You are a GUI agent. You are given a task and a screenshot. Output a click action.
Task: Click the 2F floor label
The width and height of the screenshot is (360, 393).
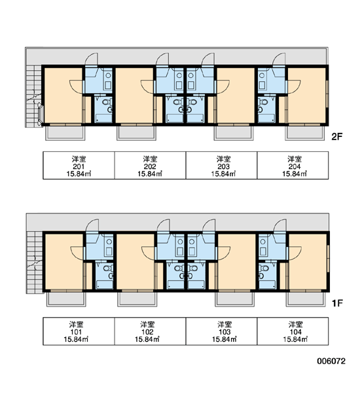336,137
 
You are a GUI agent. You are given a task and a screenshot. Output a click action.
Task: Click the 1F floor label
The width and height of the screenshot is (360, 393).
337,303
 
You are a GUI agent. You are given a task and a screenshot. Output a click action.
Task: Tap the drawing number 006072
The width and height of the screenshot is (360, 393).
331,361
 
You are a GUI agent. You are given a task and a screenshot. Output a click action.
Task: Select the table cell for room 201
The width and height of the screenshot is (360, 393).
79,166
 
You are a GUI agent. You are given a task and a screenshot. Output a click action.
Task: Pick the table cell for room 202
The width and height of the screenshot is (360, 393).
150,166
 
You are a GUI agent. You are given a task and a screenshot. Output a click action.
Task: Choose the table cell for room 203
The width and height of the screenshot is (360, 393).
221,166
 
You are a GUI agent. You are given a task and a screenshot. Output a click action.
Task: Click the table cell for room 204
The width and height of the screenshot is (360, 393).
293,166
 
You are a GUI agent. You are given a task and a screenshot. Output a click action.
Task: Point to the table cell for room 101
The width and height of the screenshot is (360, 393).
79,331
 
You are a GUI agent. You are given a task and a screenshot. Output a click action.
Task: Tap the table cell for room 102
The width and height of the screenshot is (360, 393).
150,331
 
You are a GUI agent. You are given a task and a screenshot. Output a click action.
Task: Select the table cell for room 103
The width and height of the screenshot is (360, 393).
221,331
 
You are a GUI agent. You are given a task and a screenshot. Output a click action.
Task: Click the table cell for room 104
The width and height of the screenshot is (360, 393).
293,331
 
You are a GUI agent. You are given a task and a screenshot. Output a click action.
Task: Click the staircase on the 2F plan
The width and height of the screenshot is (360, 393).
34,96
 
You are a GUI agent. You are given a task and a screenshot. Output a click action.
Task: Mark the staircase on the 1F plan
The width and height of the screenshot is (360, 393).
35,262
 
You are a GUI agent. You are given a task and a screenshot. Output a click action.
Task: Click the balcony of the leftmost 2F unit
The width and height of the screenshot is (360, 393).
65,133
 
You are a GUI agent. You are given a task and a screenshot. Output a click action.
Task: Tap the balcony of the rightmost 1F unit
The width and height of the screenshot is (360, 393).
306,299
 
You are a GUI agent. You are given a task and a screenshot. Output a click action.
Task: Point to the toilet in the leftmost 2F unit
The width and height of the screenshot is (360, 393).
105,102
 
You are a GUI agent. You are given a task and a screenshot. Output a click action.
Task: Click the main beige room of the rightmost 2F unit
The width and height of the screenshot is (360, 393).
306,95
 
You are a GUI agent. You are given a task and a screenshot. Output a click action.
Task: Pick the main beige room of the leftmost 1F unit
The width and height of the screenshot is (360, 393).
64,261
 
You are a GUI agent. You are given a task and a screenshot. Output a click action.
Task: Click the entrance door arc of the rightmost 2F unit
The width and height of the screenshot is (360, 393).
279,59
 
